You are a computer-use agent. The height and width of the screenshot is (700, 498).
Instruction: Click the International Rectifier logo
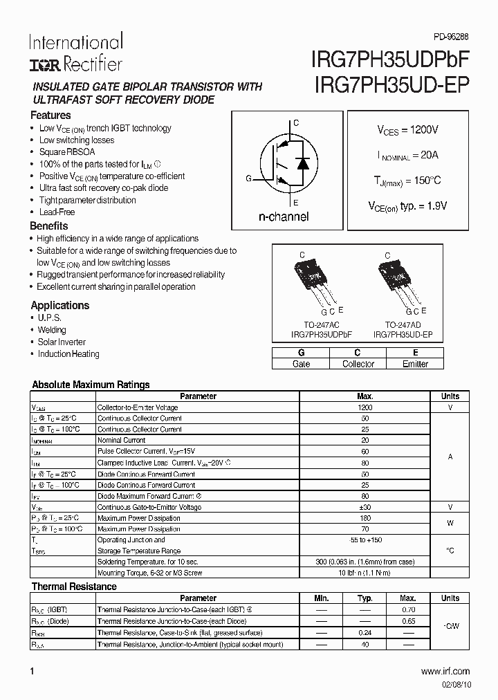(75, 53)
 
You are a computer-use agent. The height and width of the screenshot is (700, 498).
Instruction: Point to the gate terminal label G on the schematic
(248, 178)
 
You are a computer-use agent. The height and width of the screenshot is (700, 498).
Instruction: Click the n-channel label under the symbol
(284, 217)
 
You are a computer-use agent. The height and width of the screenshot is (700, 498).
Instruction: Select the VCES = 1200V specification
(407, 130)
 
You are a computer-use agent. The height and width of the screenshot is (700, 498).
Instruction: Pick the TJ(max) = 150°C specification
(407, 181)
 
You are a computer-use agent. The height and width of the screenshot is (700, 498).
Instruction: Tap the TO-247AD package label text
(403, 324)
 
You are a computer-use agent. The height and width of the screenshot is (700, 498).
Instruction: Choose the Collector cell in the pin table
(358, 364)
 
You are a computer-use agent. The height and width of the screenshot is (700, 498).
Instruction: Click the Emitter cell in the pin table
(415, 364)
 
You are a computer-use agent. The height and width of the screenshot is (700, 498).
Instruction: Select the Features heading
(50, 116)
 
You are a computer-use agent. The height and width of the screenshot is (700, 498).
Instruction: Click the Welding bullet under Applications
(52, 330)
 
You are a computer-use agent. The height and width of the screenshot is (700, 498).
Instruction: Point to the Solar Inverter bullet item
(62, 342)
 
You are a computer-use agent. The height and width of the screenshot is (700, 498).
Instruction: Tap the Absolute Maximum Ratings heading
(91, 385)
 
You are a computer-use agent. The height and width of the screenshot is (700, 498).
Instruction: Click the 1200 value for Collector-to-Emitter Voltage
(365, 407)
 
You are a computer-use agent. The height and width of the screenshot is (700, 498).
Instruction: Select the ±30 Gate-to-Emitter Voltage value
(365, 507)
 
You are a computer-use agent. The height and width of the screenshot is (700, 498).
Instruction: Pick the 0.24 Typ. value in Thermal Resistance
(365, 633)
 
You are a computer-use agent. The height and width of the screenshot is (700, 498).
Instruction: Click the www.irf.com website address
(445, 671)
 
